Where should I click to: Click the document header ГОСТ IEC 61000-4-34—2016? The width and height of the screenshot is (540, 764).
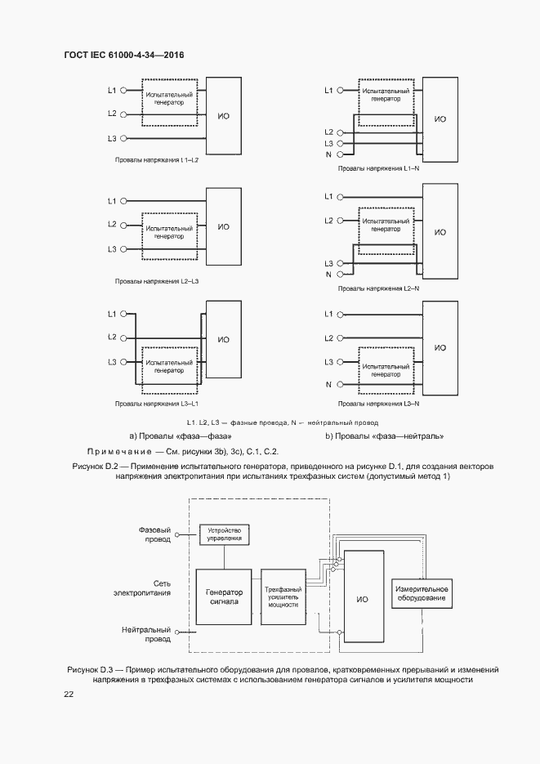(x=124, y=56)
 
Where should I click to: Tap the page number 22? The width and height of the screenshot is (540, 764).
(x=69, y=694)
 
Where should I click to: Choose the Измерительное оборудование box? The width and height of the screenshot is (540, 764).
(x=421, y=594)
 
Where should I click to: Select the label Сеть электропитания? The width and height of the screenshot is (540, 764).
(x=148, y=588)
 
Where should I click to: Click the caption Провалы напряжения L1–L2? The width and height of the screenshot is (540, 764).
(x=156, y=160)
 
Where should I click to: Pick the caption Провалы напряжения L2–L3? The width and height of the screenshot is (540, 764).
(x=157, y=281)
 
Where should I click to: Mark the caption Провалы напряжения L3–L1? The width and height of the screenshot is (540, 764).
(x=157, y=403)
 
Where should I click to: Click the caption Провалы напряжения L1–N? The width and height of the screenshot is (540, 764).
(x=378, y=168)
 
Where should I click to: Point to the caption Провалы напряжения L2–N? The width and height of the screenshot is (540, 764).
(x=378, y=288)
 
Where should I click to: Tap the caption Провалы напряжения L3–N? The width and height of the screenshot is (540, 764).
(x=378, y=403)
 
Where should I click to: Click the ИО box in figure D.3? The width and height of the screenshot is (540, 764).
(x=362, y=599)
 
